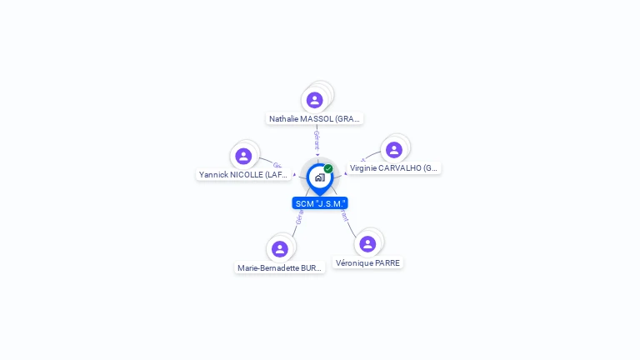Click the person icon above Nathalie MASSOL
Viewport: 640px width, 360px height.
click(314, 100)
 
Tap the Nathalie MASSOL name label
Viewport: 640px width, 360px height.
click(314, 119)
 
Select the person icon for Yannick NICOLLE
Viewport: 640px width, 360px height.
click(243, 156)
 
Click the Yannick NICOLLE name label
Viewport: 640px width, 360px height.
click(243, 175)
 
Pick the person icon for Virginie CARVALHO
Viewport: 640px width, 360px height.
click(394, 150)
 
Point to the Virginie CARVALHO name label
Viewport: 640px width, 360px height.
click(393, 168)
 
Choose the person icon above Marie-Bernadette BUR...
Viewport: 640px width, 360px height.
click(280, 249)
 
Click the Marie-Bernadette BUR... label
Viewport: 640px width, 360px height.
click(279, 268)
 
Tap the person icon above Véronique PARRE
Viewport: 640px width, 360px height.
click(367, 243)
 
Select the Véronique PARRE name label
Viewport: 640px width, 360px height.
click(367, 263)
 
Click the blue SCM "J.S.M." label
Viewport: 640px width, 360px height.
click(320, 203)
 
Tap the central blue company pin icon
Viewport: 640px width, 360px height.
click(319, 177)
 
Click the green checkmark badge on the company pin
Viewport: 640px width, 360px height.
click(328, 168)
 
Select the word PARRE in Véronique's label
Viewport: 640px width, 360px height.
click(387, 263)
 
